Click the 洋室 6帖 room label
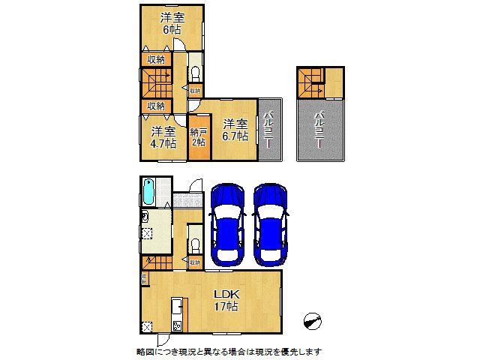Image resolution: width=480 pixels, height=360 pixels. (172, 22)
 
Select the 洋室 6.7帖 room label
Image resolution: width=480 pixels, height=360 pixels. (235, 130)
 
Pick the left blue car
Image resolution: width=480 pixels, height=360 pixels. (226, 223)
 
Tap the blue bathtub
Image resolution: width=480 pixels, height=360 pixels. (148, 192)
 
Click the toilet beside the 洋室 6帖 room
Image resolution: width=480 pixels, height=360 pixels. (195, 73)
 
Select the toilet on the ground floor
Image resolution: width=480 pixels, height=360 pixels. (194, 245)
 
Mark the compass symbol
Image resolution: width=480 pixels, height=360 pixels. (313, 320)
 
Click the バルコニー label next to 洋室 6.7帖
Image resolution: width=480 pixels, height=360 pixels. (268, 129)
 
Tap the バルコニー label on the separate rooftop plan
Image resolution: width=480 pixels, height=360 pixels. (320, 129)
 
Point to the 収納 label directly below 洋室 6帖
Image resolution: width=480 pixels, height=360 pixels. (155, 59)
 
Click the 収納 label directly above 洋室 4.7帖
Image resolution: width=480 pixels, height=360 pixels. (155, 106)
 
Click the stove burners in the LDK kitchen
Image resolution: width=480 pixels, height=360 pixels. (178, 325)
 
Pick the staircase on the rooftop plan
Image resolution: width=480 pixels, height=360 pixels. (309, 82)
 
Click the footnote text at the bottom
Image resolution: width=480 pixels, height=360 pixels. (229, 351)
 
